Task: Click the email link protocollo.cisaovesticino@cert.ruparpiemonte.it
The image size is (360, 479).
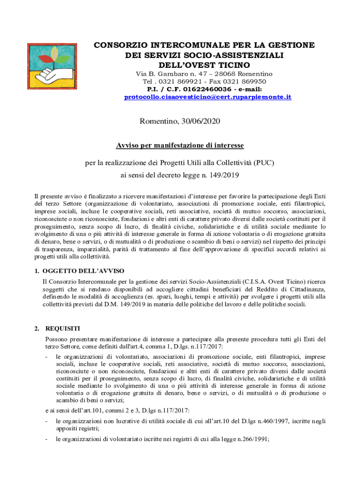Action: (208, 97)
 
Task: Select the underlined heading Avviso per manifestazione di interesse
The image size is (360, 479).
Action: (180, 145)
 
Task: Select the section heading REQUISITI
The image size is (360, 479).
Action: (63, 328)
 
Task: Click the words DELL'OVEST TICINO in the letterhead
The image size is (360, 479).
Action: (204, 65)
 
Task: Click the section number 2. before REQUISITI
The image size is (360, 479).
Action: (37, 328)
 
